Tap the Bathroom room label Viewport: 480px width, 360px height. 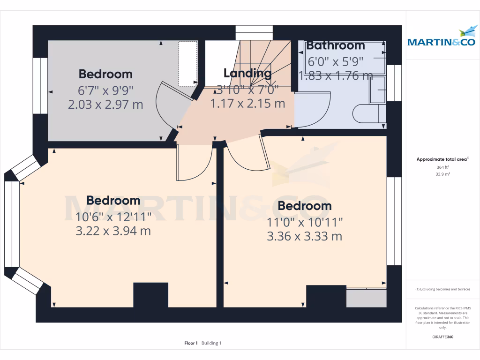[x=335, y=45]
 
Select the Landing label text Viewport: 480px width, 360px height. [x=247, y=73]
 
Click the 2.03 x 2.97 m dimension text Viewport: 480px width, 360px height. [x=105, y=104]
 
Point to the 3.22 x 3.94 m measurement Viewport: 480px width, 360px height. [x=113, y=231]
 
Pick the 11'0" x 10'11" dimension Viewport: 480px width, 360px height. [x=304, y=222]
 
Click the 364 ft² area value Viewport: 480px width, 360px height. [x=442, y=167]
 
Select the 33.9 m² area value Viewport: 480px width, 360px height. [x=442, y=174]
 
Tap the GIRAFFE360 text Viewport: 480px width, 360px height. [x=442, y=337]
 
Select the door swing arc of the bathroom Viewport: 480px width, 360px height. [x=314, y=110]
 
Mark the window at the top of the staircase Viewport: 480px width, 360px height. [x=254, y=32]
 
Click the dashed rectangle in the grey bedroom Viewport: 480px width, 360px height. [x=188, y=64]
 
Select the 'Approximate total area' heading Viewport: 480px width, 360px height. [x=442, y=159]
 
